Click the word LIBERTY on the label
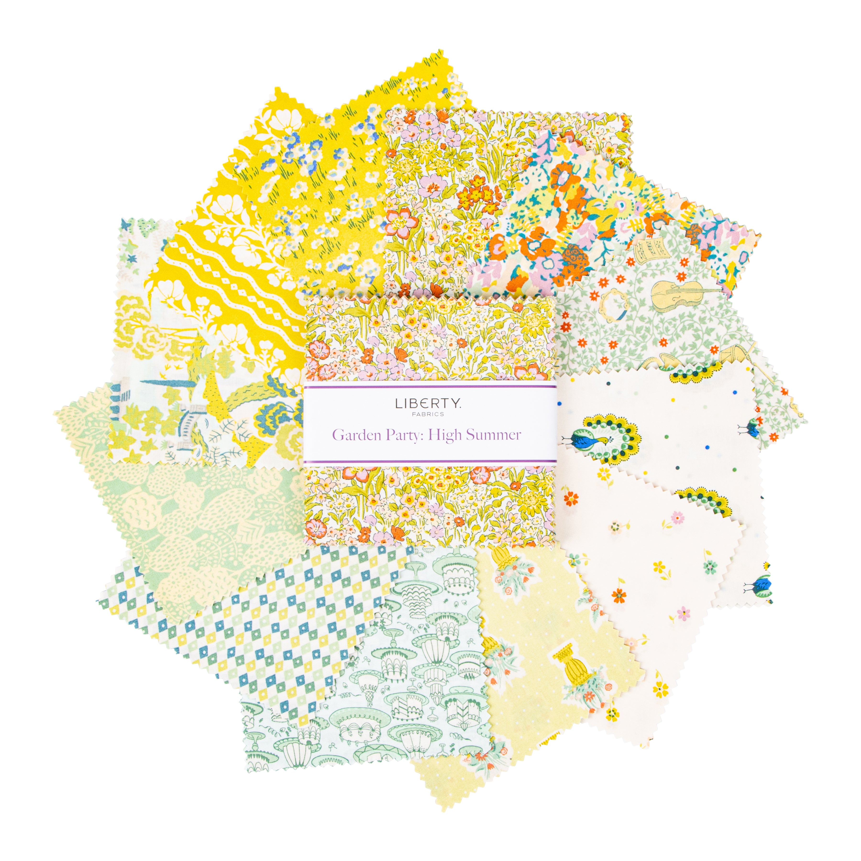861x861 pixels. (428, 404)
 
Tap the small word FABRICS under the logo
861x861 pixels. (428, 414)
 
